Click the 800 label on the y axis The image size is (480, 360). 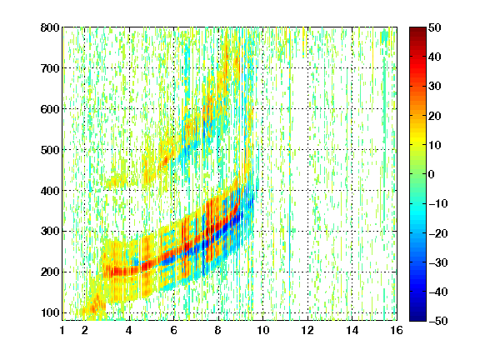50,27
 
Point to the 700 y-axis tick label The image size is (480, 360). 50,68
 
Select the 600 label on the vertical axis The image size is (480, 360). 50,109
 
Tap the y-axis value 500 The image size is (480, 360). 50,150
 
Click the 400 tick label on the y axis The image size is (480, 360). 50,191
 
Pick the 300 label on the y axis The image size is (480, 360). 50,231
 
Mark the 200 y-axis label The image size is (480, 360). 50,272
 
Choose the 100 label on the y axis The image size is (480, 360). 50,312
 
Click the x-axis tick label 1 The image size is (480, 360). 62,330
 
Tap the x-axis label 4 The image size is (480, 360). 129,330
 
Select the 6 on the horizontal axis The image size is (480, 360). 173,330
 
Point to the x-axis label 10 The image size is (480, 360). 262,330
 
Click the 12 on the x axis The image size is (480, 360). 307,330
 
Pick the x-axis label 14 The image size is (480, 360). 352,330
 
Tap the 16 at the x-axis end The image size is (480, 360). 396,330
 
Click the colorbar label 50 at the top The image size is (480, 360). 434,27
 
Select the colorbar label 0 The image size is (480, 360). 431,174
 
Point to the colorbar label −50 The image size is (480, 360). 437,321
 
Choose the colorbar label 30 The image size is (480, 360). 434,87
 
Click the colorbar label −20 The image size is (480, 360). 437,233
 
